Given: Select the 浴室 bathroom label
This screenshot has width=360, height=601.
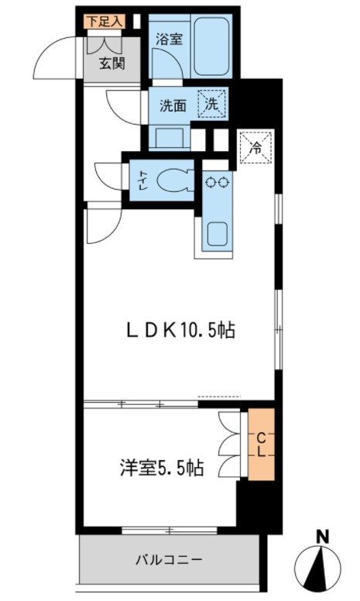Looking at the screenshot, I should pyautogui.click(x=168, y=39).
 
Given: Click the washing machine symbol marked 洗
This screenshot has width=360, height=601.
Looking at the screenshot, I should pyautogui.click(x=211, y=104).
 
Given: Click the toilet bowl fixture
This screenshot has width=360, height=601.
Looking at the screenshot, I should pyautogui.click(x=173, y=181).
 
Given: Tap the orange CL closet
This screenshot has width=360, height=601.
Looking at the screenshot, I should pyautogui.click(x=261, y=445).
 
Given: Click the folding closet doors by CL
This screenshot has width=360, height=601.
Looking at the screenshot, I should pyautogui.click(x=231, y=445).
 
